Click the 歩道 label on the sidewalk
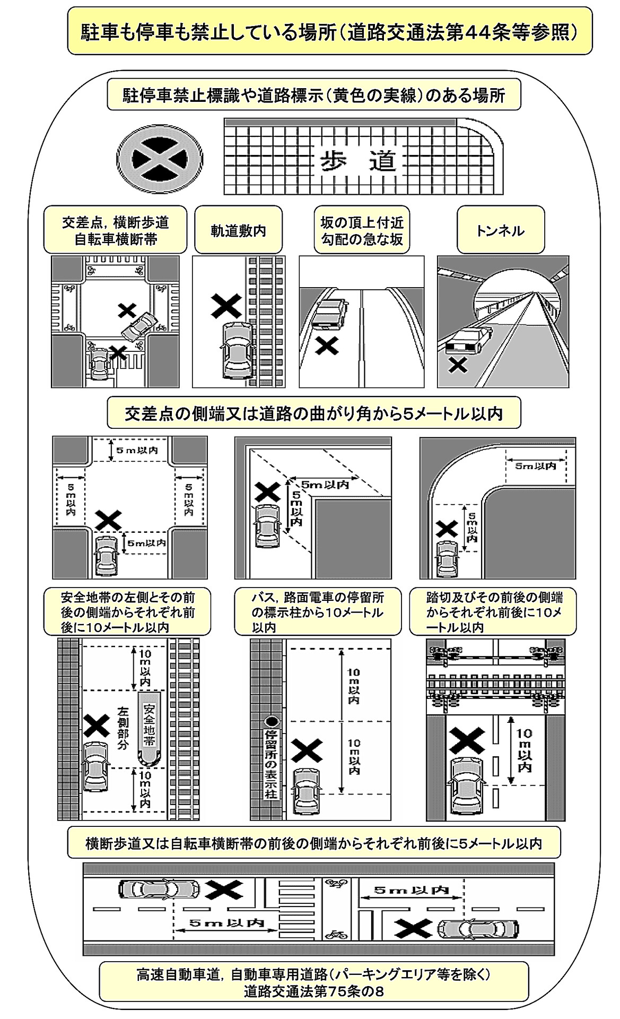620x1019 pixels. click(x=357, y=160)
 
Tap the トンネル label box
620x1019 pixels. click(x=500, y=230)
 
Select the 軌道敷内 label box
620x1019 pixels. click(x=238, y=230)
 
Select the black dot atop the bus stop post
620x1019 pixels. click(x=272, y=721)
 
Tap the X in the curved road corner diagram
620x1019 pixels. click(x=447, y=528)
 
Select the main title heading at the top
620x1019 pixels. click(x=329, y=32)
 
